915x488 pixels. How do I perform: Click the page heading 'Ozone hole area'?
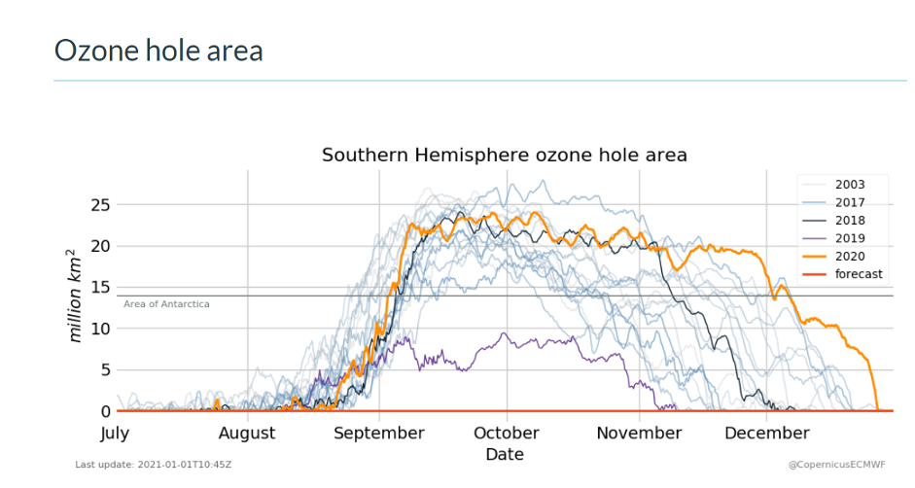(158, 51)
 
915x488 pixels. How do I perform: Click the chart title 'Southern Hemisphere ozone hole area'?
(504, 155)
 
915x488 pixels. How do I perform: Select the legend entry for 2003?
(849, 185)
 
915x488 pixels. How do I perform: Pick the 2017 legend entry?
(849, 202)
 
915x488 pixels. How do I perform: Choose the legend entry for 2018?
(849, 221)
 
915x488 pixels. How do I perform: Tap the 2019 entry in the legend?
(849, 238)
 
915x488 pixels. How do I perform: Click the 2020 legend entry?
(849, 256)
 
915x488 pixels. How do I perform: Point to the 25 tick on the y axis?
(97, 205)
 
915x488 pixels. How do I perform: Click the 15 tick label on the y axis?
(97, 288)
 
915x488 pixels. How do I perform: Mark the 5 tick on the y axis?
(102, 370)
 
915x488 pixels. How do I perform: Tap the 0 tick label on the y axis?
(102, 411)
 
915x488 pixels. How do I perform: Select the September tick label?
(379, 434)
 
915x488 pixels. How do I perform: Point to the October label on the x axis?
(505, 434)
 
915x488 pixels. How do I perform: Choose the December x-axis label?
(766, 434)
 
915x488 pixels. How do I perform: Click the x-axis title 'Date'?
(504, 454)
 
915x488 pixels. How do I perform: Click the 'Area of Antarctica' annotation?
(166, 304)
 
